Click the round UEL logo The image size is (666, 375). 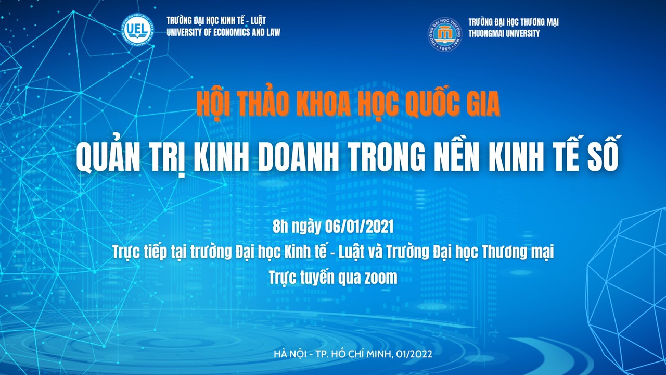[137, 29]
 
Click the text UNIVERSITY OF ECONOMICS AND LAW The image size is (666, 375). [223, 32]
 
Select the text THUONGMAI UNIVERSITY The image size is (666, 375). [504, 33]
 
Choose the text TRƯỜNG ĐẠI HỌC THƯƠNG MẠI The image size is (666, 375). [513, 22]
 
